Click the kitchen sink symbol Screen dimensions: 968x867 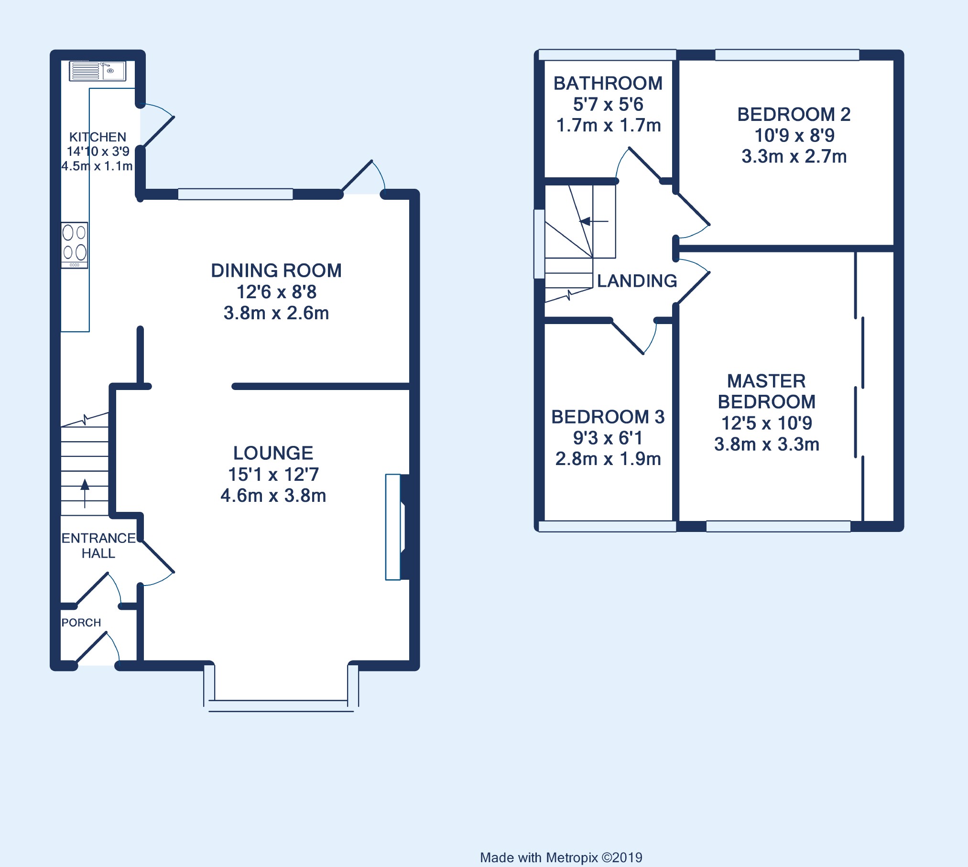[x=98, y=71]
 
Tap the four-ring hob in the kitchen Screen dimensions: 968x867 [x=75, y=245]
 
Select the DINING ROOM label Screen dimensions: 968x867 [x=276, y=271]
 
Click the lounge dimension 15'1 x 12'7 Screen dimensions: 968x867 [x=273, y=474]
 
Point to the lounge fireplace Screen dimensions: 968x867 [x=395, y=527]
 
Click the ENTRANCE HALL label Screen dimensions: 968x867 [x=98, y=545]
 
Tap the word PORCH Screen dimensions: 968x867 [x=81, y=622]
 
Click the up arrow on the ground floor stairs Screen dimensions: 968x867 [x=85, y=493]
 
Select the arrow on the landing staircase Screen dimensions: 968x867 [x=594, y=221]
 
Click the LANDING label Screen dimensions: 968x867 [x=637, y=281]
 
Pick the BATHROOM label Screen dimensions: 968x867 [x=608, y=83]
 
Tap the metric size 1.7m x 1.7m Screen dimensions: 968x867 [x=609, y=125]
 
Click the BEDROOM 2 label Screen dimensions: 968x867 [x=794, y=114]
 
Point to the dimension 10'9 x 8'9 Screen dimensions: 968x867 [x=794, y=135]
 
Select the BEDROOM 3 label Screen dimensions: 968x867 [x=608, y=417]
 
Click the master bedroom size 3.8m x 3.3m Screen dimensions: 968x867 [x=767, y=444]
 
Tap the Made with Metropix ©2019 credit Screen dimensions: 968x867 [x=561, y=857]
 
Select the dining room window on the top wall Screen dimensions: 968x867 [x=235, y=194]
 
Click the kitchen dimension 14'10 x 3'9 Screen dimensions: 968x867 [x=98, y=152]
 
